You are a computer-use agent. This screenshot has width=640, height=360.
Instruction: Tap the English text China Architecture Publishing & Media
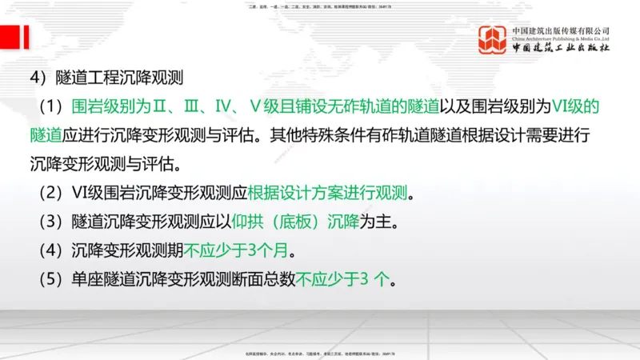tap(561, 38)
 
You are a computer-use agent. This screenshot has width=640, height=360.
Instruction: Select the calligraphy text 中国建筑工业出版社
tap(561, 48)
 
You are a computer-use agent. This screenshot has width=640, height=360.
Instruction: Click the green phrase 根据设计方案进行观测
tap(332, 194)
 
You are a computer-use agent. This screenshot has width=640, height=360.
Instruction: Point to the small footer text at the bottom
tap(319, 354)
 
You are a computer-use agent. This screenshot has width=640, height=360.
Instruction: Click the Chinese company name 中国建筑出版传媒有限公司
tap(561, 30)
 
